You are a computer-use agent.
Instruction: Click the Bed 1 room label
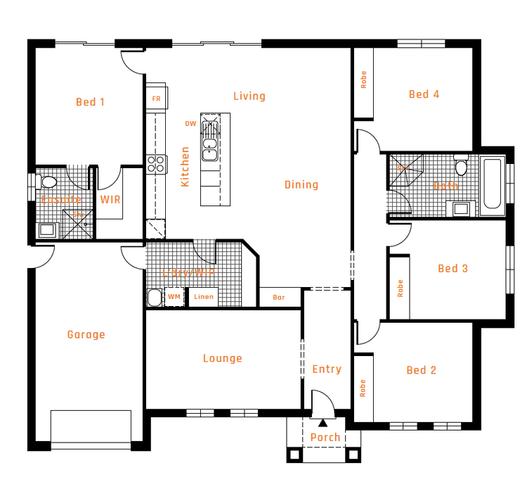(90, 102)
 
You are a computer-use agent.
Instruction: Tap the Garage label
(86, 335)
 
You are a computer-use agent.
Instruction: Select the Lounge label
(222, 358)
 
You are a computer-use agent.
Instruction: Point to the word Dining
(301, 185)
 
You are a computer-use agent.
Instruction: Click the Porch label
(325, 438)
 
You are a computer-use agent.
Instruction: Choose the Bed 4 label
(424, 94)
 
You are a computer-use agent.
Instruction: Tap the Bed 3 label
(453, 268)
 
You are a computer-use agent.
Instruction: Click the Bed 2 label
(421, 370)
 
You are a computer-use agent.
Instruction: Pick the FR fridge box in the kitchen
(156, 99)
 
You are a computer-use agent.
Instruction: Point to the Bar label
(279, 298)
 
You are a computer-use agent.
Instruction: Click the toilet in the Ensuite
(48, 182)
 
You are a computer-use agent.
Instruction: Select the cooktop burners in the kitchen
(156, 164)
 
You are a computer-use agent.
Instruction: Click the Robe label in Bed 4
(363, 80)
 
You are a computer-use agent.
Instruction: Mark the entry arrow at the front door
(323, 423)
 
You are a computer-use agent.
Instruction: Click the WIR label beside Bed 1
(110, 200)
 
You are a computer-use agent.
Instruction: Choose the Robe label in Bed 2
(363, 389)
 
